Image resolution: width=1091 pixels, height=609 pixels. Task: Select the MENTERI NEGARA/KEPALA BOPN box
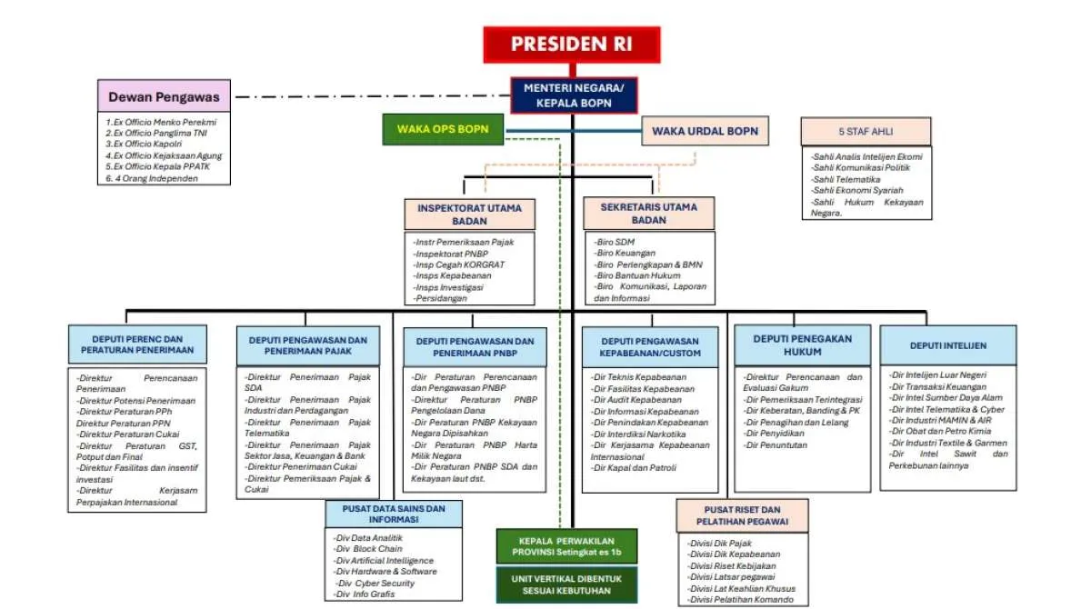point(574,95)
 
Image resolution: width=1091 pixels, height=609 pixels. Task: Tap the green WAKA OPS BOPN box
point(443,130)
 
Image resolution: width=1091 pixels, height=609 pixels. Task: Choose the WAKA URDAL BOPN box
point(705,131)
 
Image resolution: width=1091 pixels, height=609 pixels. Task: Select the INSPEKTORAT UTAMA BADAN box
point(469,214)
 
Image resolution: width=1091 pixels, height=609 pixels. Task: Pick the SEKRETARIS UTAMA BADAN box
point(648,214)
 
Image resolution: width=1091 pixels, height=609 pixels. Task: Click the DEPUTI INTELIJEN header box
point(948,345)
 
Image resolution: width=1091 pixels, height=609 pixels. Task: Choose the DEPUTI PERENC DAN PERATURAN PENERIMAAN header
point(137,344)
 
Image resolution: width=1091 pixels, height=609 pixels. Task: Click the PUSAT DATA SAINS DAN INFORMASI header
point(394,514)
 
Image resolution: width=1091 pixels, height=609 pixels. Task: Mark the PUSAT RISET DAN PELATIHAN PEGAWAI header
point(742,515)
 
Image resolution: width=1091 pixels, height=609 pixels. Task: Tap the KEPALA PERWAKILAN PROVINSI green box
point(566,545)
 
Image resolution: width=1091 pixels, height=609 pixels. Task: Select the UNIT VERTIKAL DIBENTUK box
point(566,584)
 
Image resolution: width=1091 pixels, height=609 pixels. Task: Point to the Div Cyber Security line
point(375,584)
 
